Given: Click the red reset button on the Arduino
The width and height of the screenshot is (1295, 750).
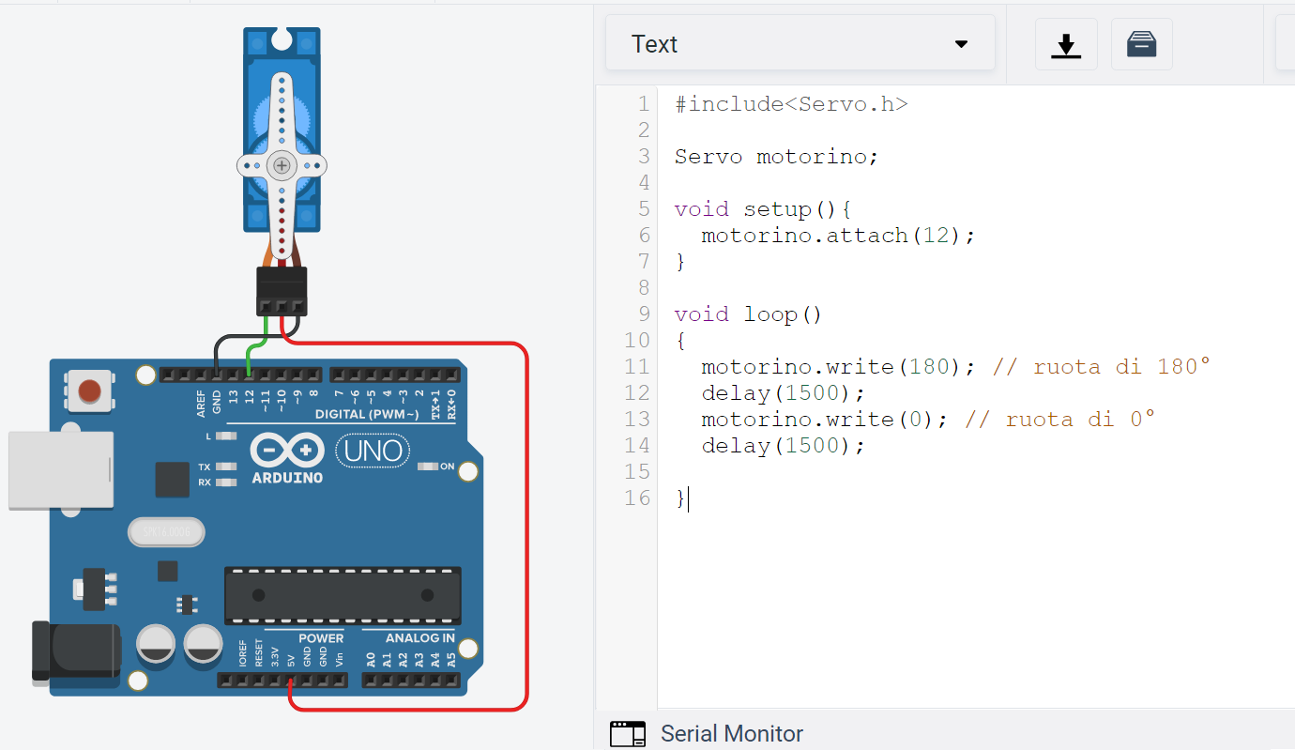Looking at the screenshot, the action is tap(89, 391).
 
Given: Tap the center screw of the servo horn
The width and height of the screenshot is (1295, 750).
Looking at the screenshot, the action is tap(282, 166).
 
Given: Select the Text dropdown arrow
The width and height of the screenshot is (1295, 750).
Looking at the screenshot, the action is tap(961, 44).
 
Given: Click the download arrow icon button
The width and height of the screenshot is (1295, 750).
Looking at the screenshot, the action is tap(1066, 44).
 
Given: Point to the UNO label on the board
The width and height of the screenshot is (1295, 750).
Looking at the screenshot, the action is tap(373, 452).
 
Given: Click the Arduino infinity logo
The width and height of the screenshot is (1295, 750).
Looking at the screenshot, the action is tap(287, 450).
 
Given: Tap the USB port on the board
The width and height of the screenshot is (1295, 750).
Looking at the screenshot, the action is tap(61, 470).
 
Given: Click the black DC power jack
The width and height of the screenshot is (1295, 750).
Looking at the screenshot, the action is tap(76, 651).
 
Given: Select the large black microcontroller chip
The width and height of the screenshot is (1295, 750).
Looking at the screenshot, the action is tap(343, 596).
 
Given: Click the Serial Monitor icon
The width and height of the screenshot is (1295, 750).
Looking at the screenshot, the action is tap(627, 733).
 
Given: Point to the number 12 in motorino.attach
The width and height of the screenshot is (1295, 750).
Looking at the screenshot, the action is tap(936, 236).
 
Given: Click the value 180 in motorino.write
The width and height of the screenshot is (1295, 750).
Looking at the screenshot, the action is tap(930, 367).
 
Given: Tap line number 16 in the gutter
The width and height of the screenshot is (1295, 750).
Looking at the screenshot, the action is tap(637, 497).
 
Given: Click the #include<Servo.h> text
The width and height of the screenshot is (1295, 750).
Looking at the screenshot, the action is tap(791, 104).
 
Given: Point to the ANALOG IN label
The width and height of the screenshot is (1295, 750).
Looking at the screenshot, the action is tap(420, 637).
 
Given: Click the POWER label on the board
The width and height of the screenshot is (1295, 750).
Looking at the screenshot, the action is tap(321, 638).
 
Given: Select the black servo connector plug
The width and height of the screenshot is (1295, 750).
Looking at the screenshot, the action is tap(282, 291).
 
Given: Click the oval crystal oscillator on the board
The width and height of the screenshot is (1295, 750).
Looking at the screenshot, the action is tap(166, 532).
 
